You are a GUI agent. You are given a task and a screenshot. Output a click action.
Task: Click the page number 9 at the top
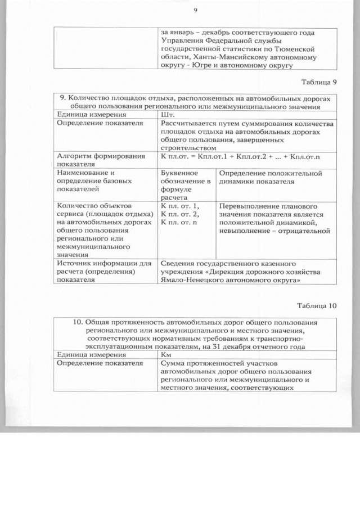[x=195, y=10]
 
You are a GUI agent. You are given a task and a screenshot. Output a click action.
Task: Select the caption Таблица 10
[x=317, y=306]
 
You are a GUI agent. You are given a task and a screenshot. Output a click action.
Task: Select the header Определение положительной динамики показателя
[x=269, y=178]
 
